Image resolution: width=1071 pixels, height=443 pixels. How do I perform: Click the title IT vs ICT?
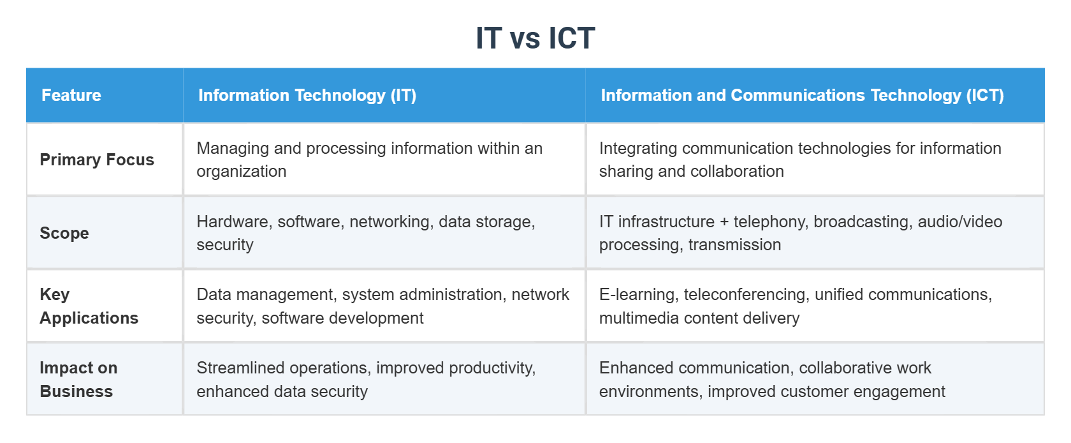point(535,38)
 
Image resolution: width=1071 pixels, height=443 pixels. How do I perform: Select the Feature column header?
point(71,95)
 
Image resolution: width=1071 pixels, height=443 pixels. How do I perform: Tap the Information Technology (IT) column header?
point(307,95)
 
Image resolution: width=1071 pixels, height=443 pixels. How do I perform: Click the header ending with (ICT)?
point(802,95)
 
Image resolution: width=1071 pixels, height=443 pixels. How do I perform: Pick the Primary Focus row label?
point(97,160)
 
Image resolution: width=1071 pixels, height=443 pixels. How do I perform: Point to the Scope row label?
point(64,233)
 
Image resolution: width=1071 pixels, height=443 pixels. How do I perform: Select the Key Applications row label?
point(89,306)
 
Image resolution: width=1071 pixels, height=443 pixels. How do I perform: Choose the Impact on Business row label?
point(78,379)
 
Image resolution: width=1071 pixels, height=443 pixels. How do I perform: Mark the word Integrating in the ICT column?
point(637,148)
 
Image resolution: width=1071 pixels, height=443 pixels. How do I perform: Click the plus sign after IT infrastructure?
point(724,222)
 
